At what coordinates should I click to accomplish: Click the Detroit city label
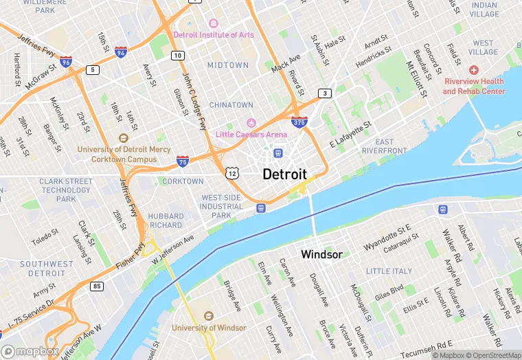coord(284,174)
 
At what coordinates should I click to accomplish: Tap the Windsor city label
coord(321,255)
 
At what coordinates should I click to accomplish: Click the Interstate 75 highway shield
coord(182,161)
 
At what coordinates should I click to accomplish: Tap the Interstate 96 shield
coord(66,62)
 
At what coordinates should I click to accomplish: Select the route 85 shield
coord(96,285)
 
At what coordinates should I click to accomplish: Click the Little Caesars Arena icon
coord(251,123)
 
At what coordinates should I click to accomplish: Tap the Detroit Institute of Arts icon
coord(213,24)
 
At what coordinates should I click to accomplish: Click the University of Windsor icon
coord(208,316)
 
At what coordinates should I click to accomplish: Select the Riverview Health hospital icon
coord(473,70)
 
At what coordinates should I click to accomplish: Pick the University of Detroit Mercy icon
coord(124,137)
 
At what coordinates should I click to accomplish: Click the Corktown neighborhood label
coord(183,181)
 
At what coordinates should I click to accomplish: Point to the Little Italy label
coord(388,271)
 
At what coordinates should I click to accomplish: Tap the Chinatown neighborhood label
coord(231,105)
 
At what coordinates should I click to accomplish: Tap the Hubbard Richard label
coord(166,220)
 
